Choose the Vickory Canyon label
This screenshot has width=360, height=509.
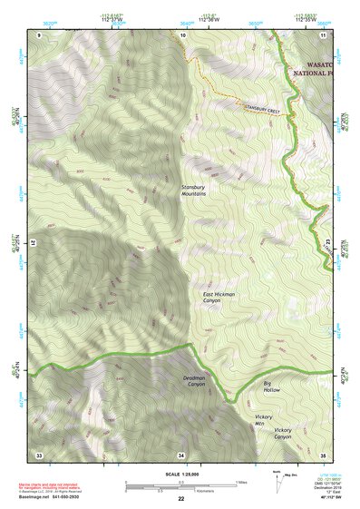tap(283, 434)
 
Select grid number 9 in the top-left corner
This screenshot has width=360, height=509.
tap(39, 34)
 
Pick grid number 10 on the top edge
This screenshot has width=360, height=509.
tap(183, 34)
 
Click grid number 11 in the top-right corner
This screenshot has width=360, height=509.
tap(323, 34)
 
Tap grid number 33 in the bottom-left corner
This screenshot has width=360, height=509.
tap(39, 454)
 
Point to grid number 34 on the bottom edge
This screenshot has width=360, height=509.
tap(181, 454)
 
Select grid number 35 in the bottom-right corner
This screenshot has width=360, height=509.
tap(323, 454)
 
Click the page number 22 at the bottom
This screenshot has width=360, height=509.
tap(181, 498)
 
